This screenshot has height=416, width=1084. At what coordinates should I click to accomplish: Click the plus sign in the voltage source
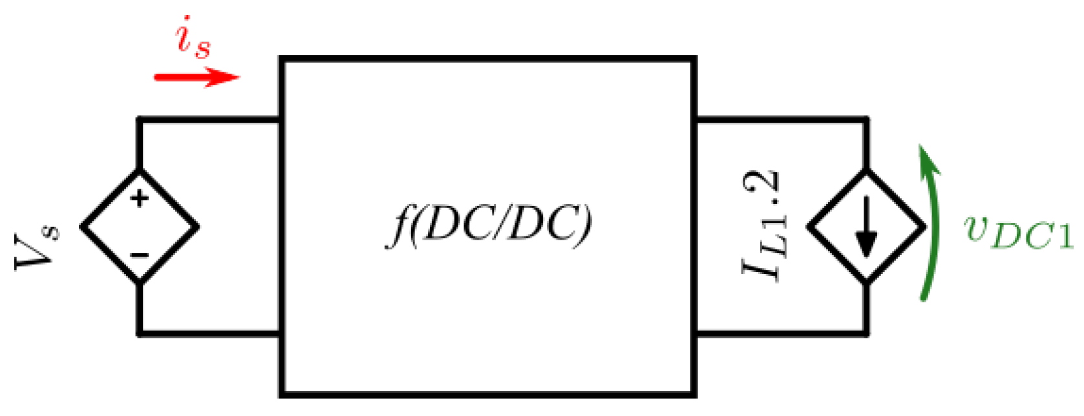pos(139,198)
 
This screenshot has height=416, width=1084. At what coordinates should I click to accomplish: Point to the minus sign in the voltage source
pos(139,255)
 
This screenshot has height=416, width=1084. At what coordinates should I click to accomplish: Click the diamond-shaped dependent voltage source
pos(139,226)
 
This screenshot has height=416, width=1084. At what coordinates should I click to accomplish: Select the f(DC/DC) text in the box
pos(488,226)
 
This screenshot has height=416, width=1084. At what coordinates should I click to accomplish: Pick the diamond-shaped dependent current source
pos(866,226)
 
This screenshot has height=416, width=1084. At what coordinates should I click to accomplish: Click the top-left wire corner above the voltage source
pos(139,120)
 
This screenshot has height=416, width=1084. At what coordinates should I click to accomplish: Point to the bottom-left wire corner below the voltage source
pos(139,333)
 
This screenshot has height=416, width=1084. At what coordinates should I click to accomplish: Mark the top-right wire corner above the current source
pos(866,120)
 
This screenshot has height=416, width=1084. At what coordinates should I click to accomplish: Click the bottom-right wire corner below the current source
pos(866,333)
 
